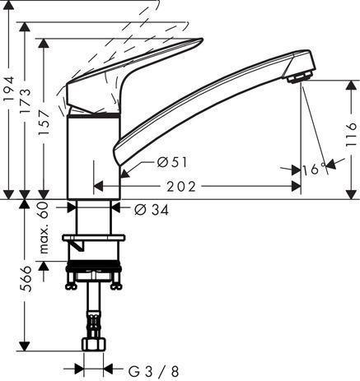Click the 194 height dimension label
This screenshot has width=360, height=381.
(x=9, y=88)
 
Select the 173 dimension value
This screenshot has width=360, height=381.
(x=26, y=100)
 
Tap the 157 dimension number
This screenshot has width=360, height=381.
(x=44, y=122)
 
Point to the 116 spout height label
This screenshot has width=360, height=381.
(x=352, y=134)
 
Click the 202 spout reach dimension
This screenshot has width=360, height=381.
(x=181, y=187)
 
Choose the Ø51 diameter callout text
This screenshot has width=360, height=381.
(x=172, y=162)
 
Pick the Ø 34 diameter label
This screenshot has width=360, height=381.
(x=152, y=210)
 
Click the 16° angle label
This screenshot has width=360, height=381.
(x=314, y=170)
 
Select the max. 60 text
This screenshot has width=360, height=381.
(x=44, y=228)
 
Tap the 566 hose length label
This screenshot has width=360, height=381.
(x=26, y=278)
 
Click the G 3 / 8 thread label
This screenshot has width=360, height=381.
(x=154, y=372)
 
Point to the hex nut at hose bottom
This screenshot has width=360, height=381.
(x=94, y=344)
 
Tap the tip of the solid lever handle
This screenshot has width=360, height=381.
(x=202, y=39)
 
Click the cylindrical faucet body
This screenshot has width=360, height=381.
(x=94, y=157)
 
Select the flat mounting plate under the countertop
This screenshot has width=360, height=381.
(x=93, y=238)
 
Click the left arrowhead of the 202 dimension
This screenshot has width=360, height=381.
(x=98, y=187)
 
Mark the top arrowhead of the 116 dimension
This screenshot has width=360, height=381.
(x=351, y=85)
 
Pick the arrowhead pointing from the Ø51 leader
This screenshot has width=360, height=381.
(x=124, y=174)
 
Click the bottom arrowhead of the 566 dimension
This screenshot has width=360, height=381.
(x=26, y=346)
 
